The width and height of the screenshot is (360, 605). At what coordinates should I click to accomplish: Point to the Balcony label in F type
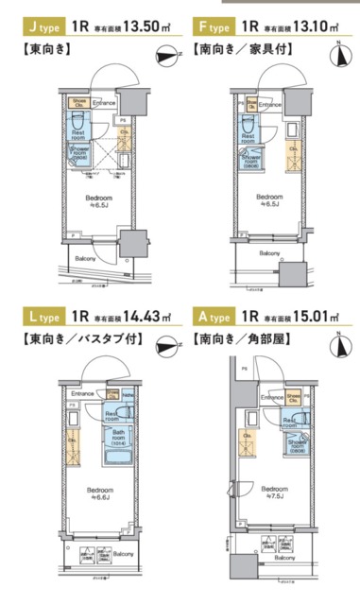coord(270,253)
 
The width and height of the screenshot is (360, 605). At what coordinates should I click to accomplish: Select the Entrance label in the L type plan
coord(82,393)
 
